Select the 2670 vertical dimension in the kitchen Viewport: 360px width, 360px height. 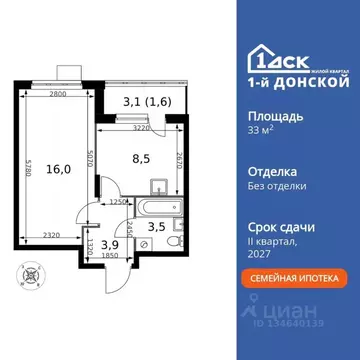click(x=177, y=157)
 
